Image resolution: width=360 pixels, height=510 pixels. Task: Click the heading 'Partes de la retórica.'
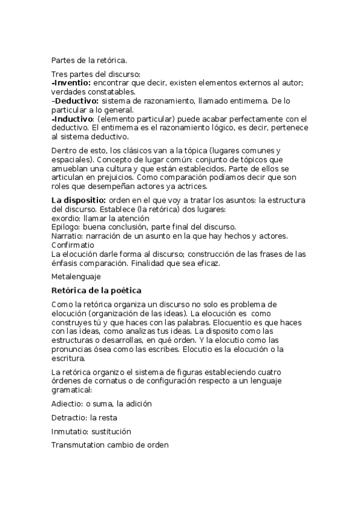tap(89, 60)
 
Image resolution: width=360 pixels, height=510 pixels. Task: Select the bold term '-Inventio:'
tap(71, 82)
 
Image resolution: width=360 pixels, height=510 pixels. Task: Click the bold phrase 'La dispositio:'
tap(79, 200)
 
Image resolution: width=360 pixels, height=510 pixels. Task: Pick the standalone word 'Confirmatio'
tap(73, 245)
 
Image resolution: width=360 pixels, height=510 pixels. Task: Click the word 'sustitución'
tap(111, 432)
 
